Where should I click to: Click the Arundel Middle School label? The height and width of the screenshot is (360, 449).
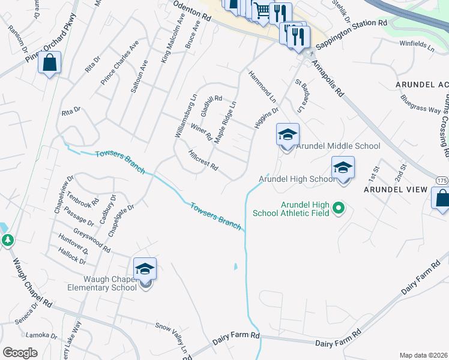pyautogui.click(x=339, y=146)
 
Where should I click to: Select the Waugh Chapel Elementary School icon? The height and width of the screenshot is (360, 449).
pyautogui.click(x=145, y=269)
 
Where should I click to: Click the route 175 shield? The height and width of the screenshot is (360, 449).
pyautogui.click(x=442, y=180)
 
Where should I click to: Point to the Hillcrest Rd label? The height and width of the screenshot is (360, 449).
pyautogui.click(x=202, y=160)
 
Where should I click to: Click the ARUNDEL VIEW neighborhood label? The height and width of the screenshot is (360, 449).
pyautogui.click(x=395, y=190)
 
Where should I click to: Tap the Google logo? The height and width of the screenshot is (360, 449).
pyautogui.click(x=20, y=353)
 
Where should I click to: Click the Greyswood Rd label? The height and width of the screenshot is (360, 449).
pyautogui.click(x=92, y=239)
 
